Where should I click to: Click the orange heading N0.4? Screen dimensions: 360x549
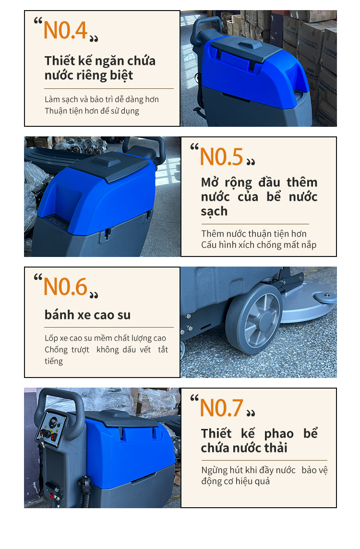point(65,30)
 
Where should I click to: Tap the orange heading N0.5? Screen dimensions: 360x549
point(221,157)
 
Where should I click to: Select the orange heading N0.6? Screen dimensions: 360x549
point(65,287)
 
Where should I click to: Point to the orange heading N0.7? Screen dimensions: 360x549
point(221,408)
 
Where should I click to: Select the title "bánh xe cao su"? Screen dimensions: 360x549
point(87,315)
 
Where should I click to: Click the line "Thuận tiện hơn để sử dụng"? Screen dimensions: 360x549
point(92,111)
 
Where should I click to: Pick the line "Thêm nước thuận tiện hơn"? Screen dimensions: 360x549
point(253,233)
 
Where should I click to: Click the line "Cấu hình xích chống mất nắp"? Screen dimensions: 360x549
point(259,245)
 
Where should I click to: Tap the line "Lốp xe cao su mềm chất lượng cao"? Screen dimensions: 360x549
point(105,338)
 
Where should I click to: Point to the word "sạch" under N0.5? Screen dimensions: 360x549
point(214,212)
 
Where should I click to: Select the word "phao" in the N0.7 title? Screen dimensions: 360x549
point(279,434)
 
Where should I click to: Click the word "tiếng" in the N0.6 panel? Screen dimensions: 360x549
point(54,361)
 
